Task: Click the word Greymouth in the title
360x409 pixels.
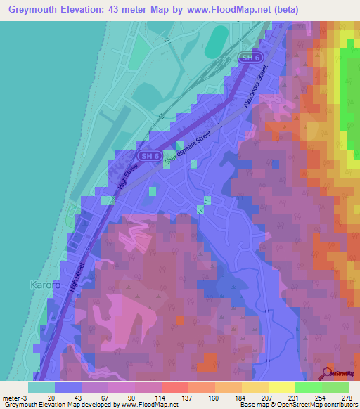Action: click(x=33, y=10)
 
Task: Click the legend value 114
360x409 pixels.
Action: click(x=160, y=398)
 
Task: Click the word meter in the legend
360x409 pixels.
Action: click(x=11, y=398)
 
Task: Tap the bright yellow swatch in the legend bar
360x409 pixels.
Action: click(x=281, y=387)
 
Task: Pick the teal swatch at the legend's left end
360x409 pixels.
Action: click(x=41, y=387)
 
